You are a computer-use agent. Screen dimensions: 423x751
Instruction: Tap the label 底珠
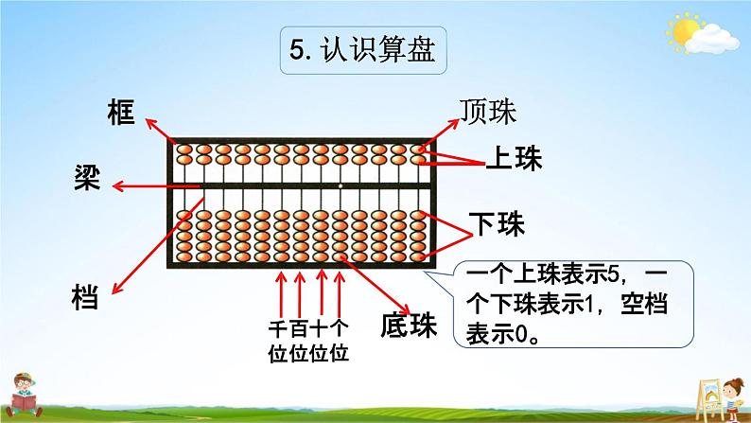[412, 326]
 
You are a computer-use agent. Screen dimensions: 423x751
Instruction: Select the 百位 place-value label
[301, 340]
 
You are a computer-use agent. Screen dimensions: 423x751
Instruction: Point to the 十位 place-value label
[321, 340]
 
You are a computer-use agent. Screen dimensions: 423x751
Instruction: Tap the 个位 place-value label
[341, 340]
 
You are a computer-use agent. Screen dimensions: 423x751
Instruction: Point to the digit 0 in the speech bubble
[518, 333]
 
